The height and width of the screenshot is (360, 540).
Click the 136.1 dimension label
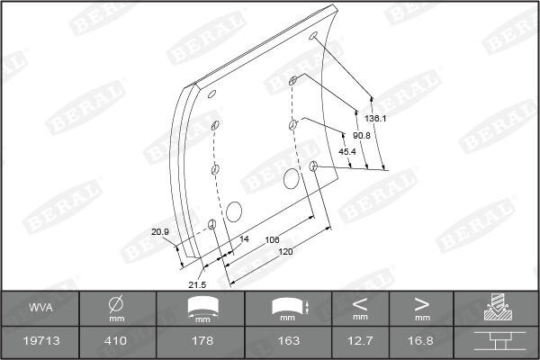(x=375, y=119)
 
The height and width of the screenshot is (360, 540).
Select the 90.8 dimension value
(x=362, y=136)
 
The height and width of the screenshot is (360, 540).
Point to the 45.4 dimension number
(x=347, y=151)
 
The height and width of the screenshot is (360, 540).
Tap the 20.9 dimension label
(x=160, y=232)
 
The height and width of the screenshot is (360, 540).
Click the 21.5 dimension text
(x=197, y=284)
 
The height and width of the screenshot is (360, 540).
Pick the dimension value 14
(x=244, y=239)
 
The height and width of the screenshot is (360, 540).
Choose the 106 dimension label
(x=272, y=239)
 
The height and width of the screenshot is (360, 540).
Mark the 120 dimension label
(x=285, y=252)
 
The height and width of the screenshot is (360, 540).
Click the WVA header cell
(x=40, y=307)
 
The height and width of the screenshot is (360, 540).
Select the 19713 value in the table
(x=41, y=341)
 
